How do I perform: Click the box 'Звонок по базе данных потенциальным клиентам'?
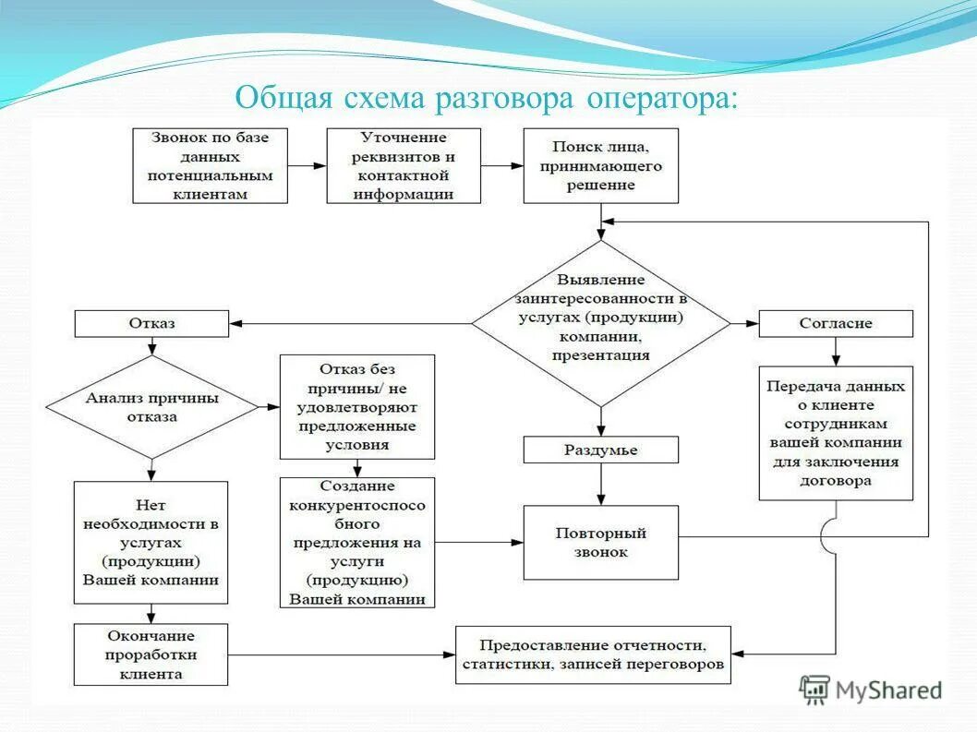[210, 165]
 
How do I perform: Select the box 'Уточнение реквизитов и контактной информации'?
[404, 165]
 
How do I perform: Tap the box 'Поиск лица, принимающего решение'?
[600, 165]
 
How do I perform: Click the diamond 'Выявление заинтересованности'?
[601, 323]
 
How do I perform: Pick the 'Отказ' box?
[151, 324]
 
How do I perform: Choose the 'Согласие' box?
[836, 324]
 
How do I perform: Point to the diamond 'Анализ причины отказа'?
[151, 407]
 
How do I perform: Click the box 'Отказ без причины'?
[356, 407]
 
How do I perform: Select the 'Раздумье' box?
[600, 450]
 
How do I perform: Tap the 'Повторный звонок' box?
[600, 542]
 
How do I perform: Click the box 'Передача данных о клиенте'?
[836, 433]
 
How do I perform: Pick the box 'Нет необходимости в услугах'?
[151, 542]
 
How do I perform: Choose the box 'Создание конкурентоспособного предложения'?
[356, 542]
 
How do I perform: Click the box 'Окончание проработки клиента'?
[151, 654]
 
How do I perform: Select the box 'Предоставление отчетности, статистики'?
[593, 654]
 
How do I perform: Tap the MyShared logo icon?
[814, 690]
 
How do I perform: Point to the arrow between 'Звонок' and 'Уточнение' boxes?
[307, 166]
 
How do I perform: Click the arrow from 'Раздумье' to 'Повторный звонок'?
[601, 484]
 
